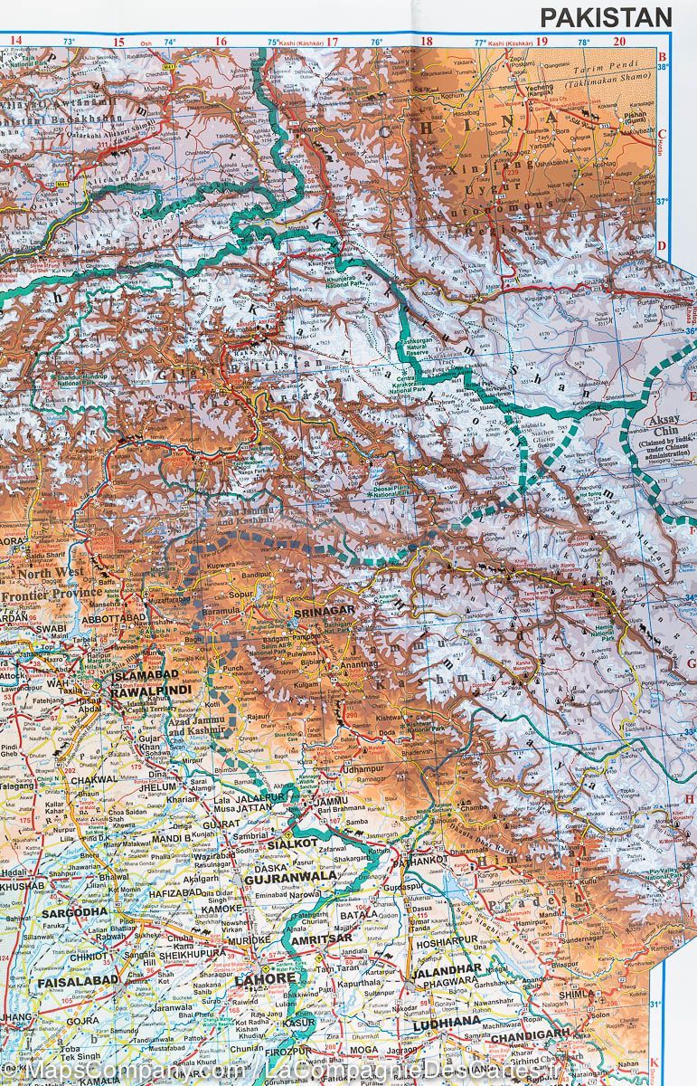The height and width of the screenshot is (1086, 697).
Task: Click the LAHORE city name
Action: coord(265,979)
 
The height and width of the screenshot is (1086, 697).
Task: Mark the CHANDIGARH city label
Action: coord(532,1033)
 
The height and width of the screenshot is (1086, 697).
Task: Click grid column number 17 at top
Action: coord(332,41)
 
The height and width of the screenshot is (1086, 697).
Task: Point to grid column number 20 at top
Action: coord(619,41)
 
